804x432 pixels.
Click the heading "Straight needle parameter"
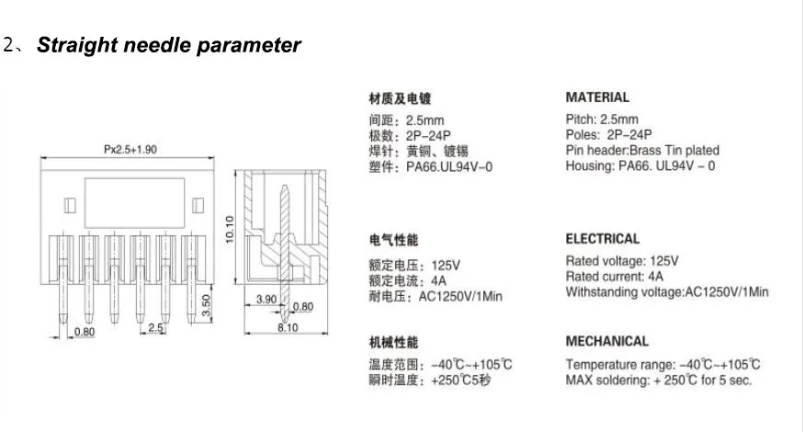tap(168, 45)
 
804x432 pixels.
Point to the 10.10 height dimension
tap(231, 231)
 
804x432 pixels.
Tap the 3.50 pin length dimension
tap(207, 305)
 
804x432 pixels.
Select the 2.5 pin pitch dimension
tap(156, 327)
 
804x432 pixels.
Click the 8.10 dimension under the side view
tap(288, 327)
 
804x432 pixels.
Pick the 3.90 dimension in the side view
tap(266, 299)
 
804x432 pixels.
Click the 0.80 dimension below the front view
tap(84, 332)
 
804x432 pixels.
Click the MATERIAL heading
tap(597, 97)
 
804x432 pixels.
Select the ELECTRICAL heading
tap(603, 239)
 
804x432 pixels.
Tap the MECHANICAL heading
tap(606, 341)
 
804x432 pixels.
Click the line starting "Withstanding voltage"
tap(667, 292)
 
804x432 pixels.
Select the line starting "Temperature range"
tap(662, 364)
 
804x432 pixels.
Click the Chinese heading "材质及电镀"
tap(400, 98)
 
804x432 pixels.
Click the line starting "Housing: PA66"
tap(640, 166)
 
